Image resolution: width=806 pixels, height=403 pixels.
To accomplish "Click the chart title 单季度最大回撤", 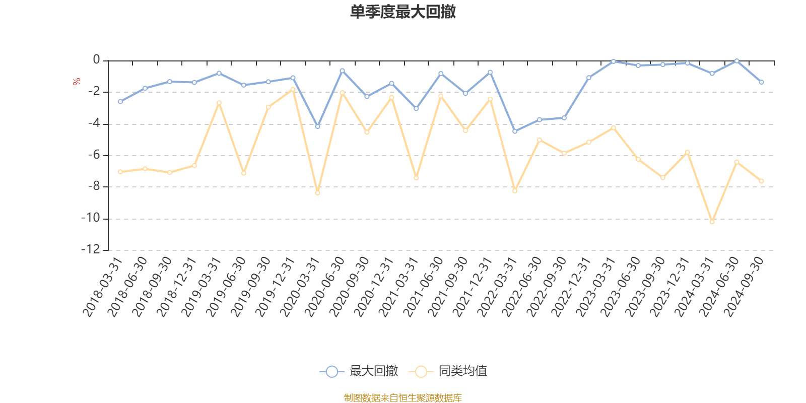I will (402, 12).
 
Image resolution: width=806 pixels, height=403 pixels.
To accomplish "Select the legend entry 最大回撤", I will (359, 372).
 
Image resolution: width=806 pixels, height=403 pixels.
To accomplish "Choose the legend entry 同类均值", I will (448, 372).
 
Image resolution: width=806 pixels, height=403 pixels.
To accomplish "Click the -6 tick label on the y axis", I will (94, 155).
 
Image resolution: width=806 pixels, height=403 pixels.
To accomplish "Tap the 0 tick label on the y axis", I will (96, 60).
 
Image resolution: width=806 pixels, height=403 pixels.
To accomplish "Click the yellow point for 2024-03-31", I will (712, 222).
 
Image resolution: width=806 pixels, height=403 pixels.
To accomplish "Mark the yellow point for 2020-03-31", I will (317, 193).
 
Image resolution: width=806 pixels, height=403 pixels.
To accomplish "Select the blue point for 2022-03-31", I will (514, 131).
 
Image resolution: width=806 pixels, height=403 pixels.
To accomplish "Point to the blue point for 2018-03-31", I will (120, 102).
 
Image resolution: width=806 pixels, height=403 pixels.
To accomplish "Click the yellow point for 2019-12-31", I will (293, 89).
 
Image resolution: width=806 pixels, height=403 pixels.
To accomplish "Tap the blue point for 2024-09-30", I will (761, 82).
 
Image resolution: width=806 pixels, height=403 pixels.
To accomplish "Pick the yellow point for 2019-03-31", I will (219, 103).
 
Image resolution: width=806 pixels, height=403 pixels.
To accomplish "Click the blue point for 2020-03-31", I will (317, 126).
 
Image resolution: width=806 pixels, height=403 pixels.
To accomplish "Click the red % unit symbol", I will (76, 82).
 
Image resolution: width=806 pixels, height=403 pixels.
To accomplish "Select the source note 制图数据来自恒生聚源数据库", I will (402, 398).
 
